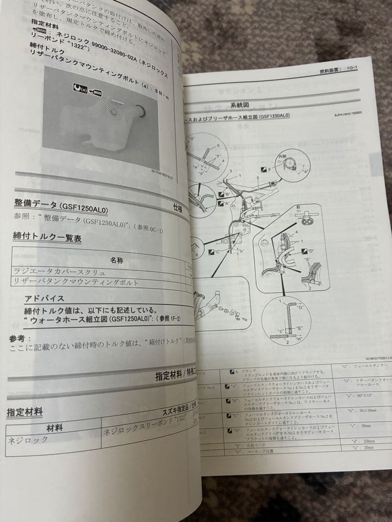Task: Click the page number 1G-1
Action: [348, 71]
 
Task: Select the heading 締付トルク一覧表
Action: [47, 238]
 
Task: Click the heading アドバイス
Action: [45, 298]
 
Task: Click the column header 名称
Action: [117, 261]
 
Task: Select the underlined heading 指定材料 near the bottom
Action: [25, 412]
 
